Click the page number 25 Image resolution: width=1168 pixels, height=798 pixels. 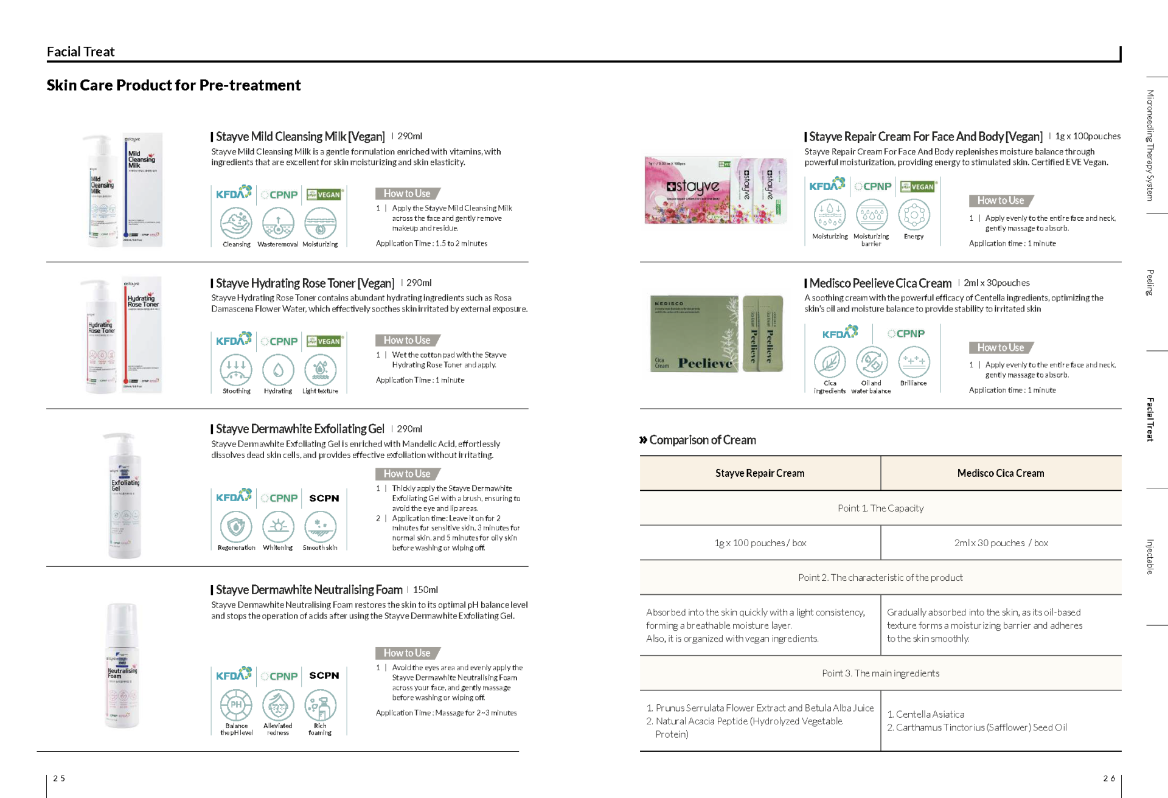click(x=59, y=778)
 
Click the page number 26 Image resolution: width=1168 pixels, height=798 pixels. click(x=1109, y=778)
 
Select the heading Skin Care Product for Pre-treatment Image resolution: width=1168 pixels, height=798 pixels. click(x=173, y=85)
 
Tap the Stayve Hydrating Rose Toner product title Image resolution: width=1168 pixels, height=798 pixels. click(x=305, y=283)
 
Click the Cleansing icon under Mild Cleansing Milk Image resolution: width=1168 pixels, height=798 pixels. click(x=236, y=223)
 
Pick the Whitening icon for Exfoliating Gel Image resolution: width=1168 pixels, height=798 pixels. click(x=278, y=527)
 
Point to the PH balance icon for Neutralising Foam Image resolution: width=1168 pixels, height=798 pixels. click(x=236, y=705)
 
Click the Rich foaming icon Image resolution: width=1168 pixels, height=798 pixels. click(x=321, y=706)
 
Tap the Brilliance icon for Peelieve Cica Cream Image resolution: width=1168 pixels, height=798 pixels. click(x=914, y=361)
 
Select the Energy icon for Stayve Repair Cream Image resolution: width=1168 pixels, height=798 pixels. click(x=914, y=215)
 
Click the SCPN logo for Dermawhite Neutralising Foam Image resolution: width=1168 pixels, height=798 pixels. click(x=324, y=675)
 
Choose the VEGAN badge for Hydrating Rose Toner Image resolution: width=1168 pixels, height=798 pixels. click(x=324, y=341)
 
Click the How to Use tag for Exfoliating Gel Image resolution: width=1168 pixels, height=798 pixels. click(x=407, y=474)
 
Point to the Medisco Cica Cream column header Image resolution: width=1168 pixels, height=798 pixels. click(x=1001, y=473)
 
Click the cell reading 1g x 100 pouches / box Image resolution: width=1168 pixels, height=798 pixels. click(x=760, y=543)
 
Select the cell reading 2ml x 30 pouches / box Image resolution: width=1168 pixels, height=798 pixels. click(x=1001, y=543)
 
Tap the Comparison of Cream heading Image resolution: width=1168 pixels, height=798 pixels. click(x=702, y=440)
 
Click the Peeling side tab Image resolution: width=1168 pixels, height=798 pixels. click(x=1150, y=282)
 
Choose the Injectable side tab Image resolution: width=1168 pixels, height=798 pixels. click(x=1150, y=557)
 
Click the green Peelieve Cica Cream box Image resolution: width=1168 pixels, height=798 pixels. click(x=693, y=334)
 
